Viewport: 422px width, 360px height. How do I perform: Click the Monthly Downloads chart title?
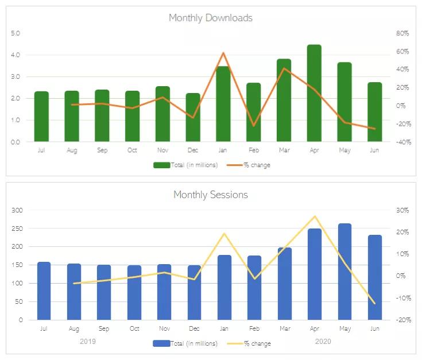pyautogui.click(x=210, y=18)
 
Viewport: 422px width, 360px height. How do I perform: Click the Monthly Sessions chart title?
pyautogui.click(x=210, y=195)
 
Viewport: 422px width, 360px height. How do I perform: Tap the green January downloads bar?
pyautogui.click(x=223, y=104)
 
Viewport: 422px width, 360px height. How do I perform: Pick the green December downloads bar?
pyautogui.click(x=193, y=118)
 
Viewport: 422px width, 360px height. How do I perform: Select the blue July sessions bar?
pyautogui.click(x=44, y=291)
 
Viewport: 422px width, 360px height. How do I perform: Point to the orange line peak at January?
pyautogui.click(x=223, y=53)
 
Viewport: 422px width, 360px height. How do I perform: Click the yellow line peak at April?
pyautogui.click(x=315, y=216)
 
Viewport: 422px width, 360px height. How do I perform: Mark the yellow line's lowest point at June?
pyautogui.click(x=375, y=303)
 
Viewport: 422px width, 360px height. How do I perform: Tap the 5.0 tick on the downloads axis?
pyautogui.click(x=16, y=33)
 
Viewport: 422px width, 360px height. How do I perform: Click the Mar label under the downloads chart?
pyautogui.click(x=284, y=150)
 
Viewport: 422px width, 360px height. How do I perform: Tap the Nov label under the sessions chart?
pyautogui.click(x=165, y=329)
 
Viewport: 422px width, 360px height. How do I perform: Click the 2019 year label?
pyautogui.click(x=88, y=341)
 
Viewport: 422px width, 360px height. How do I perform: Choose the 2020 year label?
pyautogui.click(x=323, y=341)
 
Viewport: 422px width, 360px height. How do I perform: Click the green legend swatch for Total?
pyautogui.click(x=161, y=165)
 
